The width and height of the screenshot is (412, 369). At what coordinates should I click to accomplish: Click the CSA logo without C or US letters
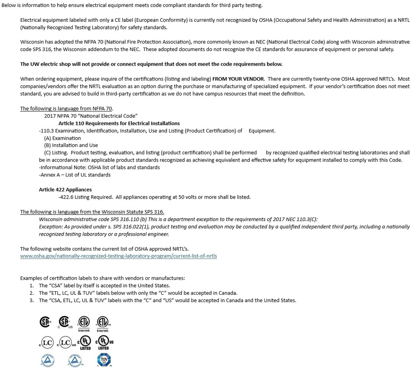(x=45, y=322)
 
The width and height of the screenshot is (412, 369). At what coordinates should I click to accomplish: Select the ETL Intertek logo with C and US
(x=103, y=322)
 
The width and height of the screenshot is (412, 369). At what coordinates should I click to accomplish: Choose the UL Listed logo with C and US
(x=104, y=342)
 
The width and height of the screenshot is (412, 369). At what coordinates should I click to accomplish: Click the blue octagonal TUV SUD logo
(x=104, y=359)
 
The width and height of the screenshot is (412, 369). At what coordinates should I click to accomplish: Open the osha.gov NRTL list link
(x=118, y=256)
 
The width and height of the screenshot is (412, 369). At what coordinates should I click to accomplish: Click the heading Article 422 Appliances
(x=65, y=190)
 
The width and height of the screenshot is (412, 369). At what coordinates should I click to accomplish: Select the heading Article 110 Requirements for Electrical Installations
(x=119, y=123)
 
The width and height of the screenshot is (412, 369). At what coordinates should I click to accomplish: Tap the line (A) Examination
(x=62, y=138)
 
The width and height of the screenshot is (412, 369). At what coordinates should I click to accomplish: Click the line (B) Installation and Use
(x=71, y=145)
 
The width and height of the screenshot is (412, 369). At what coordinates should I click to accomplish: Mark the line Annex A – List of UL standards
(x=75, y=175)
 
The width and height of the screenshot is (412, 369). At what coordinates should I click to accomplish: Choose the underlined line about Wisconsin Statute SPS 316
(x=92, y=212)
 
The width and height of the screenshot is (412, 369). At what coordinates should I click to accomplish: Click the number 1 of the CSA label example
(x=31, y=286)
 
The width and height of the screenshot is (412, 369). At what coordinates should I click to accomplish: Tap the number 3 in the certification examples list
(x=31, y=301)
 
